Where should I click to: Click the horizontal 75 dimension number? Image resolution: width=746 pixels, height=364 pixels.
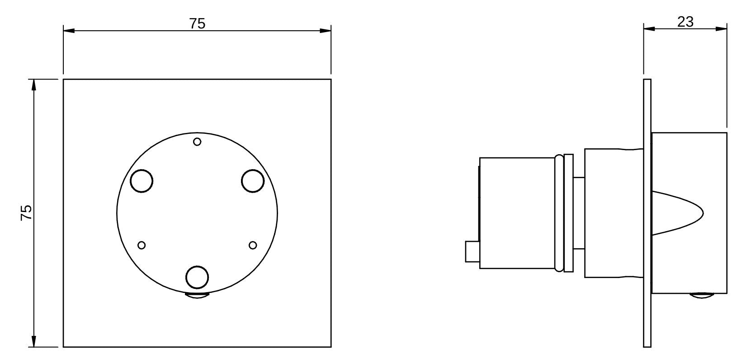pos(197,24)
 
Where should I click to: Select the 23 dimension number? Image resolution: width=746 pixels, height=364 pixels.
pos(685,22)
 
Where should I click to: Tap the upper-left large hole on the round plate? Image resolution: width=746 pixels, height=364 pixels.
pos(142,181)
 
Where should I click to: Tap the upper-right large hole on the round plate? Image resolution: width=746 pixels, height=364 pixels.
pos(253,181)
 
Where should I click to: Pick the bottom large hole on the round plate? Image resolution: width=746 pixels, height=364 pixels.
pos(198,278)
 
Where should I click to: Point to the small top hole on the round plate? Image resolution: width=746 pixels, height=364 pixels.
pos(197,142)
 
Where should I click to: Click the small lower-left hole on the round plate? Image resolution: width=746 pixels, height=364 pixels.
pos(142,245)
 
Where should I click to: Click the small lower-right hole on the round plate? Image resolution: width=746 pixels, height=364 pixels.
pos(253,245)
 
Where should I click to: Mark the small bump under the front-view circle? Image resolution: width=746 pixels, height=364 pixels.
pos(198,296)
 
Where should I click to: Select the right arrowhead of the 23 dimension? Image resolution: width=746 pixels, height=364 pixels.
pos(722,29)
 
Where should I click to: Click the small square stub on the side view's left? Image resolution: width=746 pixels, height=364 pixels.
pos(472,251)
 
